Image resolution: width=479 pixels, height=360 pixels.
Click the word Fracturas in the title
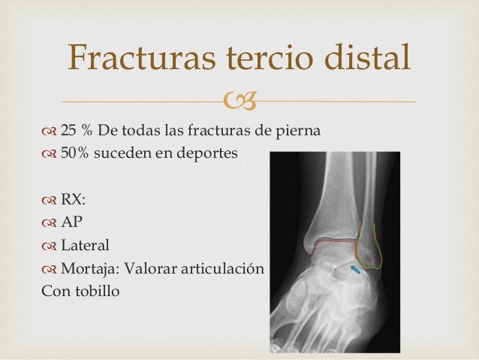point(132,59)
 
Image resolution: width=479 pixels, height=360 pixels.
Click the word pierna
point(300,132)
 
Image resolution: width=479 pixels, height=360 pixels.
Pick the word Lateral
point(85,245)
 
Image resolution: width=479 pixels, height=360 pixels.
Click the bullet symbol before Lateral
point(50,246)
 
